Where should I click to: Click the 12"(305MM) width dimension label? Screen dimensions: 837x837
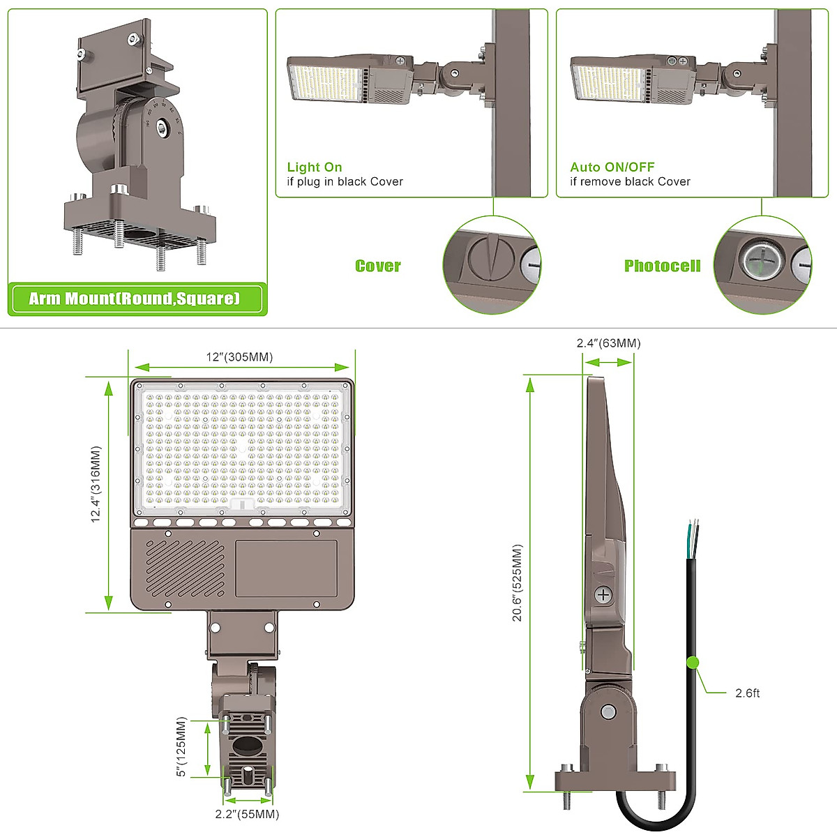point(239,357)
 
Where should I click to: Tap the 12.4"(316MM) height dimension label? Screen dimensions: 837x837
point(96,485)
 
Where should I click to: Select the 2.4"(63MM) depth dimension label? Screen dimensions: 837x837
point(608,343)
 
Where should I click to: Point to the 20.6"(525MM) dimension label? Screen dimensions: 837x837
point(517,583)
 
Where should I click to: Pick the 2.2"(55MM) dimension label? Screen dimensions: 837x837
point(247,814)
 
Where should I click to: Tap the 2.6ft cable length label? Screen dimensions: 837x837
point(747,693)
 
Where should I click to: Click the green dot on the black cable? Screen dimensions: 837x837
point(693,662)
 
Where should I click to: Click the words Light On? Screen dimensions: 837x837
point(315,167)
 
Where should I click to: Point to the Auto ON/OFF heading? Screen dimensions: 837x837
point(612,167)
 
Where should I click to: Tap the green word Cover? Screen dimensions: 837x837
point(377,266)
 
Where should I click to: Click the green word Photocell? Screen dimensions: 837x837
point(662,266)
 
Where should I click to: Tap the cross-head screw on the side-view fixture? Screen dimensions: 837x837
point(603,595)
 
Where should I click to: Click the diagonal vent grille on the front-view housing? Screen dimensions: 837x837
point(185,567)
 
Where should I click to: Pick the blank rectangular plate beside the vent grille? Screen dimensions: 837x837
point(286,568)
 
